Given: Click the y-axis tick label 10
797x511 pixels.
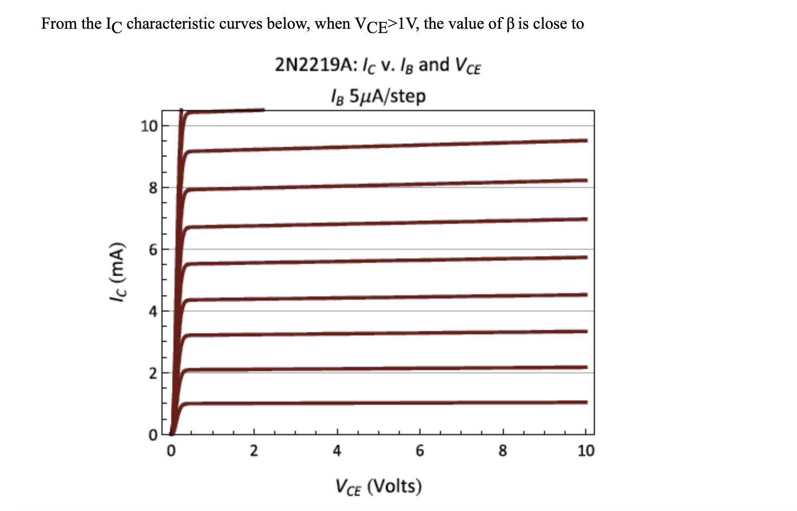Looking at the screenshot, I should pyautogui.click(x=148, y=126).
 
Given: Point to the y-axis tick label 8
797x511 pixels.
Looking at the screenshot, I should pyautogui.click(x=152, y=188).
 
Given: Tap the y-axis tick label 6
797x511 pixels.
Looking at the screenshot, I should pyautogui.click(x=152, y=250).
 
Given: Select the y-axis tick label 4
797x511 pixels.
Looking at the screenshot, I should pyautogui.click(x=152, y=312).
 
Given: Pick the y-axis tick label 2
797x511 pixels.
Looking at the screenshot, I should pyautogui.click(x=152, y=373).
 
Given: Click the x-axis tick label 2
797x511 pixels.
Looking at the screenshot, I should pyautogui.click(x=254, y=451).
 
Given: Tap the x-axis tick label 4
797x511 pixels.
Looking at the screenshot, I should pyautogui.click(x=337, y=451).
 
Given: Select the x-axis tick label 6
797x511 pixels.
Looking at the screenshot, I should pyautogui.click(x=420, y=451).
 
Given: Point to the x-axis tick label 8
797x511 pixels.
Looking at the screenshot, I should pyautogui.click(x=503, y=451).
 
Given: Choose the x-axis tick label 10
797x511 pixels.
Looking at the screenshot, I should pyautogui.click(x=586, y=451).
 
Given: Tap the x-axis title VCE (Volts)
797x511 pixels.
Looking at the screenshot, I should pyautogui.click(x=378, y=486).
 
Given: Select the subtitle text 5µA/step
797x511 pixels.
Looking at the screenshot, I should pyautogui.click(x=387, y=96).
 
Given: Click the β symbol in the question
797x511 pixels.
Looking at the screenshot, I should pyautogui.click(x=510, y=24).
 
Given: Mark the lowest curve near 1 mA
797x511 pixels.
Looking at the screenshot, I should pyautogui.click(x=379, y=403).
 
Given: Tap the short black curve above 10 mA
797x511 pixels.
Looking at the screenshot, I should pyautogui.click(x=228, y=111).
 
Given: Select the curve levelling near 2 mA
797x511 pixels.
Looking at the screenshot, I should pyautogui.click(x=379, y=368).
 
